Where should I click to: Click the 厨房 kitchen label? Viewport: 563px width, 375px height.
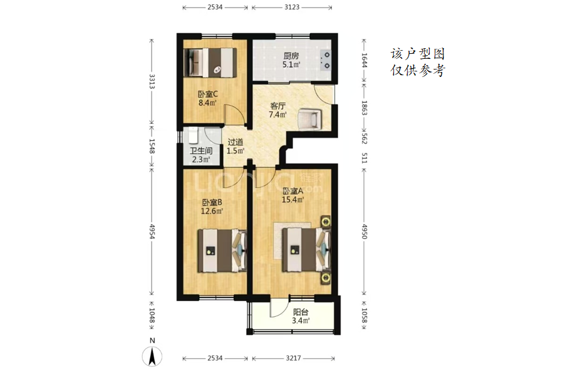pos(291,56)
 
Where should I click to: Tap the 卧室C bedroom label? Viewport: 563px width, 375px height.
pos(208,95)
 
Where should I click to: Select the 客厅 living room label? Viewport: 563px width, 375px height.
pos(277,106)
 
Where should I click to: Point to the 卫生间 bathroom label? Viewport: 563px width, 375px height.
pos(201,151)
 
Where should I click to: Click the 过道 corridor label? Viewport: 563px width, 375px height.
pos(235,142)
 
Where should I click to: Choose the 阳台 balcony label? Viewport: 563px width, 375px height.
pos(301,312)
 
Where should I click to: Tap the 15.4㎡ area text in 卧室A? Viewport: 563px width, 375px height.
pos(292,200)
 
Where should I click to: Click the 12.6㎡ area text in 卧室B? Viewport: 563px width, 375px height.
pos(212,211)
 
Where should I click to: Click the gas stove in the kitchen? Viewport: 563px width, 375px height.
pos(326,60)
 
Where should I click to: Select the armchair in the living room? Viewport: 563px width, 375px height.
pos(309,119)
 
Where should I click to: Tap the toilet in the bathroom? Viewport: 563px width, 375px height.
pos(194,135)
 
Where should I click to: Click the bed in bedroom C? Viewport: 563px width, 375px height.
pos(210,63)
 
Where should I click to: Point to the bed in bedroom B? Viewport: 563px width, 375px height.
pos(222,250)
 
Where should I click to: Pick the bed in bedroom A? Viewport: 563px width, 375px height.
pos(306,250)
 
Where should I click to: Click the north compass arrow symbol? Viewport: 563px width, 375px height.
pos(152,356)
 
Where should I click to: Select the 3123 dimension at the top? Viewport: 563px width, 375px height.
pos(292,7)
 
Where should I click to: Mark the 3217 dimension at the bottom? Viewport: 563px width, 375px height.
pos(294,358)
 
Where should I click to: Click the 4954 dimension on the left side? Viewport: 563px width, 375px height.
pos(152,232)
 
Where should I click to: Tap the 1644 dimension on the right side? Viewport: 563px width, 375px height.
pos(364,60)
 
